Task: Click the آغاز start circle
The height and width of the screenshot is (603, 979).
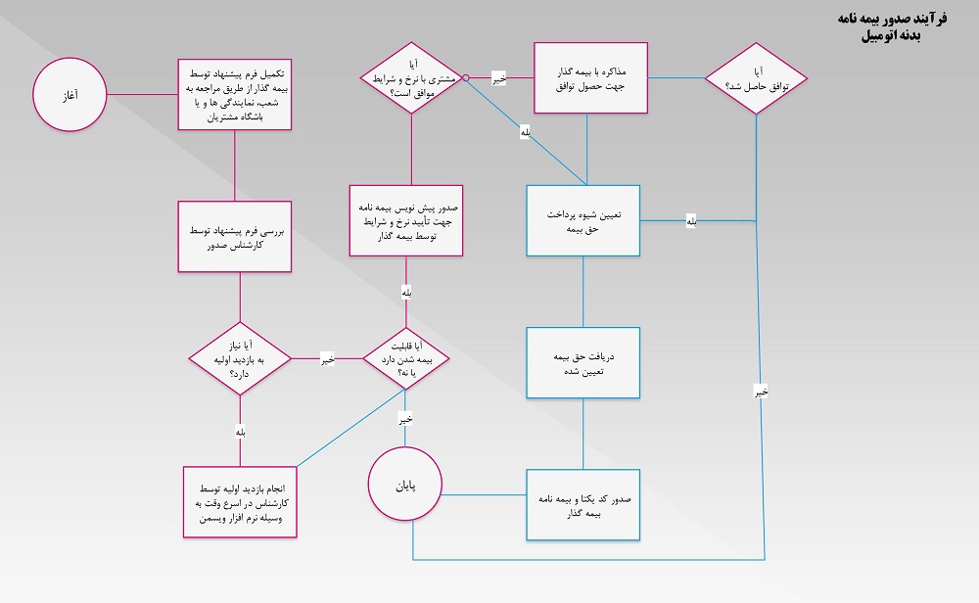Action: pyautogui.click(x=70, y=95)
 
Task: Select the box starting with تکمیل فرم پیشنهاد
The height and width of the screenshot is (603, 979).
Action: pyautogui.click(x=235, y=94)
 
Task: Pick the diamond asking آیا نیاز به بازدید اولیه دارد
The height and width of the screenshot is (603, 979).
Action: pyautogui.click(x=241, y=358)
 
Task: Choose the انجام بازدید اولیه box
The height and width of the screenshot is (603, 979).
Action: pyautogui.click(x=239, y=501)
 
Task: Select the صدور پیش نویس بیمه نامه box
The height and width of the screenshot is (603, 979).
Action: pyautogui.click(x=406, y=221)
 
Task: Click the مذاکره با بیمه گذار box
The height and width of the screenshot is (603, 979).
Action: pyautogui.click(x=590, y=78)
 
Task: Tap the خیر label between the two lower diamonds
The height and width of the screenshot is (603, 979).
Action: pyautogui.click(x=327, y=359)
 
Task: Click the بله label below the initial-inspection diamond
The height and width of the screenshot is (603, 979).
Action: pyautogui.click(x=240, y=430)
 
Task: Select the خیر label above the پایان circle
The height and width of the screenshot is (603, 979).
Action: pyautogui.click(x=405, y=419)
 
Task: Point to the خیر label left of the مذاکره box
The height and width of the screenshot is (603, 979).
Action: pyautogui.click(x=498, y=77)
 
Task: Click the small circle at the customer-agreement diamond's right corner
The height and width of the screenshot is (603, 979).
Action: pyautogui.click(x=467, y=77)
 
